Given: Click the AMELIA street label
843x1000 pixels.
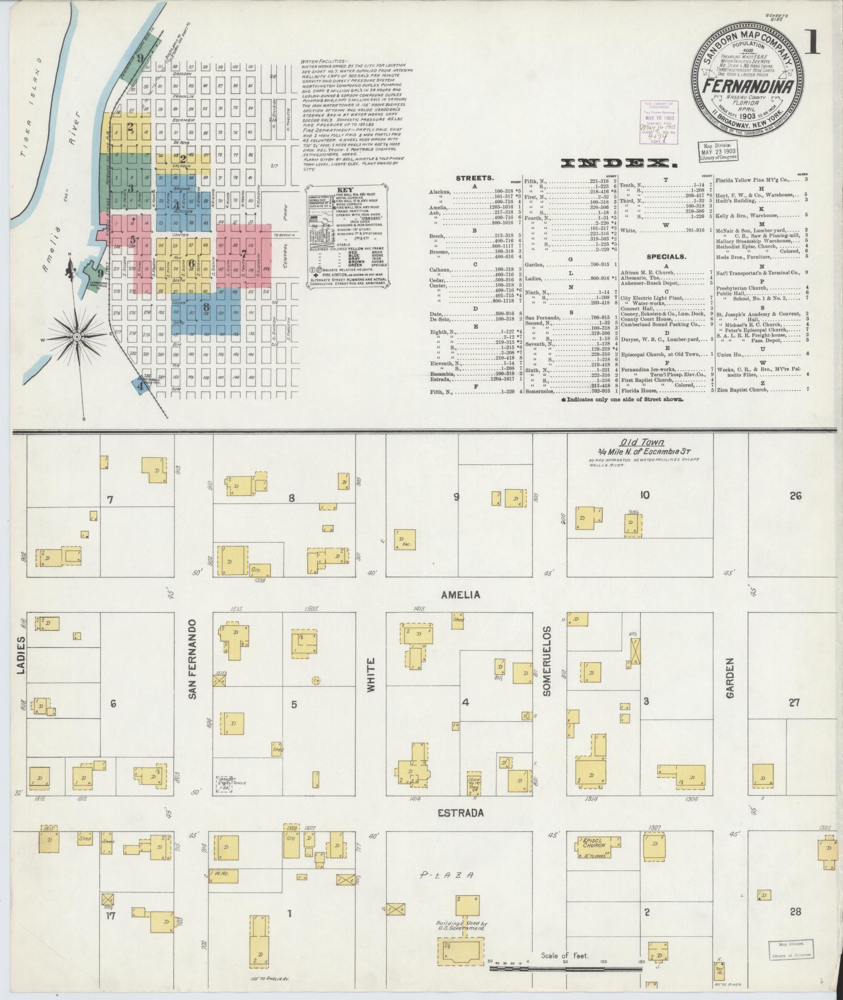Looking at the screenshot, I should point(460,595).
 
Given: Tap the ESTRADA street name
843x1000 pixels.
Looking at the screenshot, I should point(460,813).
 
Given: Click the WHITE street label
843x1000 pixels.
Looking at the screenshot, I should point(371,676).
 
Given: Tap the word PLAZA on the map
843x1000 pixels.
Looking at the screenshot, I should point(447,875).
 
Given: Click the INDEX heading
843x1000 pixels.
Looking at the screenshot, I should point(619,164).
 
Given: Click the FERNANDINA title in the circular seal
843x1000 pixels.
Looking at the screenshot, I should point(748,86).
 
